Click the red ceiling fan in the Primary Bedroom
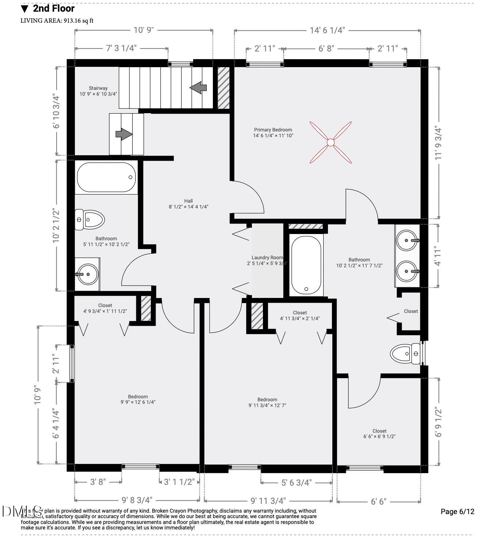point(330,142)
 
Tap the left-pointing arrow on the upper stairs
point(198,88)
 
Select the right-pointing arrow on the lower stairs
point(124,134)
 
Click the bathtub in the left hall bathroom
point(106,177)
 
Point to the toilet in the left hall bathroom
point(89,220)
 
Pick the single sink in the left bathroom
point(87,274)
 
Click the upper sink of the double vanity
point(407,241)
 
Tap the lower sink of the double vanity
point(407,271)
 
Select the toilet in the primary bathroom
point(405,354)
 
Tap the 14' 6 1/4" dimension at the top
point(327,30)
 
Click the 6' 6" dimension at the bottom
point(378,501)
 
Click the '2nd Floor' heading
point(54,8)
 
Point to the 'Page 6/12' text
point(457,512)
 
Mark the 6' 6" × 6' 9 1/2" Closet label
point(379,434)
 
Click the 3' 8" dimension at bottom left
point(98,482)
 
